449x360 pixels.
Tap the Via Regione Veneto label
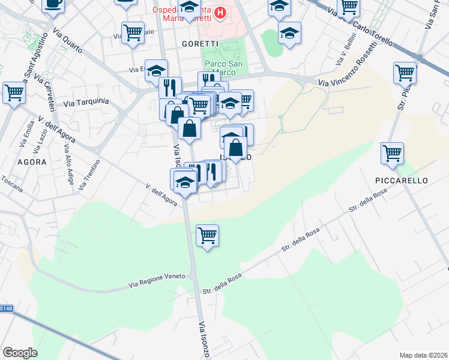coord(160,281)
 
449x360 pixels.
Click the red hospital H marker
coord(220,12)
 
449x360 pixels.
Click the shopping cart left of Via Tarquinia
coord(14,93)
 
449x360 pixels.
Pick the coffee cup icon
coord(53,4)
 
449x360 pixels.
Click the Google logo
coord(20,353)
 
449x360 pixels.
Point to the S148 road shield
coord(6,308)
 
